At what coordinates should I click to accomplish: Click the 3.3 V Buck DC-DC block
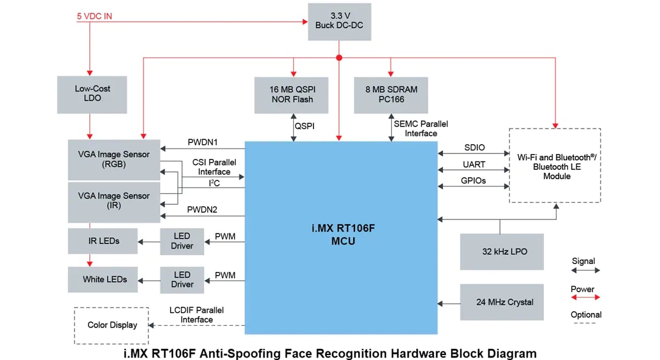pyautogui.click(x=339, y=21)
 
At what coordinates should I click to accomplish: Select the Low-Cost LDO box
pyautogui.click(x=92, y=94)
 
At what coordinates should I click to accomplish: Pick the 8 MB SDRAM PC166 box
pyautogui.click(x=391, y=95)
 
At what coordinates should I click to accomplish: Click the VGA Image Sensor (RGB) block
pyautogui.click(x=114, y=160)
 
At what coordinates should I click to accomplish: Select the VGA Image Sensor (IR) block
pyautogui.click(x=114, y=201)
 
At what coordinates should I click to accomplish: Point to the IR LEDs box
pyautogui.click(x=103, y=241)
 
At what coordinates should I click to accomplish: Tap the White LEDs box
pyautogui.click(x=103, y=279)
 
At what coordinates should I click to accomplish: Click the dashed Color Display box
pyautogui.click(x=112, y=325)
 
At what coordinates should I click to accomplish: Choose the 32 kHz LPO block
pyautogui.click(x=501, y=252)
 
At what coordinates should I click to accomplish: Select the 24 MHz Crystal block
pyautogui.click(x=501, y=302)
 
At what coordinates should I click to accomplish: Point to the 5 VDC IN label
pyautogui.click(x=94, y=17)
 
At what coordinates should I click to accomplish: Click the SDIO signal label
pyautogui.click(x=474, y=148)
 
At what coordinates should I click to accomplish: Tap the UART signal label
pyautogui.click(x=474, y=164)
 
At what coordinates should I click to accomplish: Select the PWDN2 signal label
pyautogui.click(x=202, y=210)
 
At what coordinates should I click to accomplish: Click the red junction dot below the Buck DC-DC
pyautogui.click(x=339, y=57)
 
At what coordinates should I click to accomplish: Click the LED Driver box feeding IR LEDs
pyautogui.click(x=182, y=241)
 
